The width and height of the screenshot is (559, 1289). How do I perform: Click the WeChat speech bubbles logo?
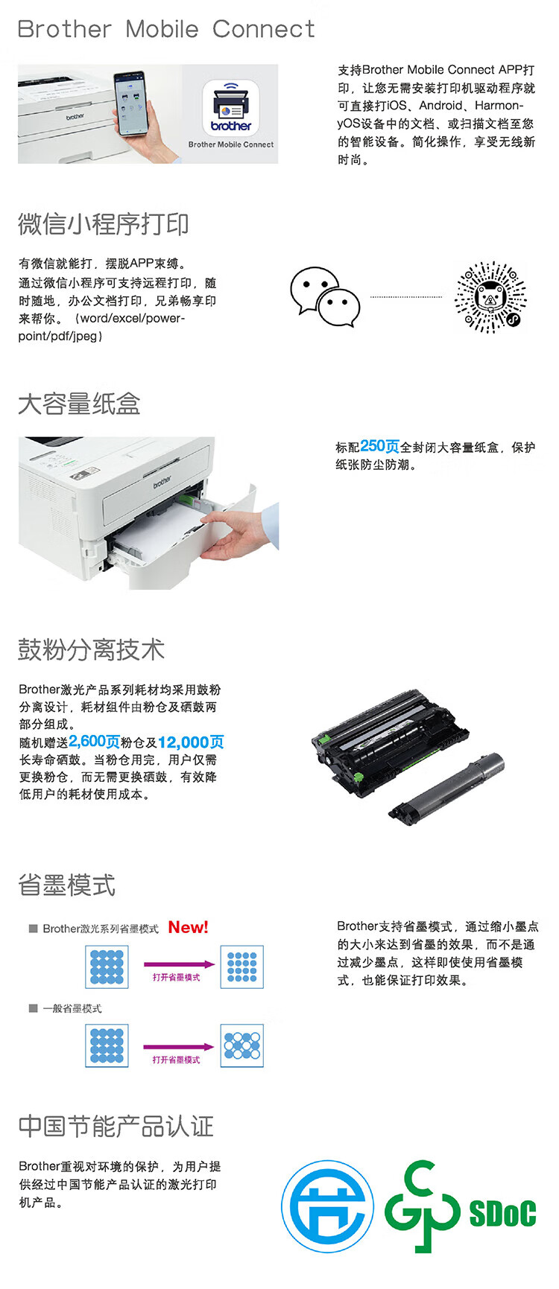(324, 297)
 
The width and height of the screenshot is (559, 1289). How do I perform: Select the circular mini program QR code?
(490, 296)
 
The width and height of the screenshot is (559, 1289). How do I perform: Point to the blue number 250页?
(379, 446)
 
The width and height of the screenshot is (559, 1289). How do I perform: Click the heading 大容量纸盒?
(79, 404)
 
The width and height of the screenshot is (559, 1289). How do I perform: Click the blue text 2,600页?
(94, 742)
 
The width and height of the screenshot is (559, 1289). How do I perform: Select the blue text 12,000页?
(191, 742)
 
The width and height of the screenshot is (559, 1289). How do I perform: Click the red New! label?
(188, 927)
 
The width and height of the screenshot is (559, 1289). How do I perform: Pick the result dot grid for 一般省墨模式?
(242, 1045)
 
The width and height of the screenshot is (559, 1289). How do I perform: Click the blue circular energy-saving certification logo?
(328, 1206)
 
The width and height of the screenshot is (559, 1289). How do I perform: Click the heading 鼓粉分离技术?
(91, 649)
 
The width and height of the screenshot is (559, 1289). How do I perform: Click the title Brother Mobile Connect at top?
(165, 29)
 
